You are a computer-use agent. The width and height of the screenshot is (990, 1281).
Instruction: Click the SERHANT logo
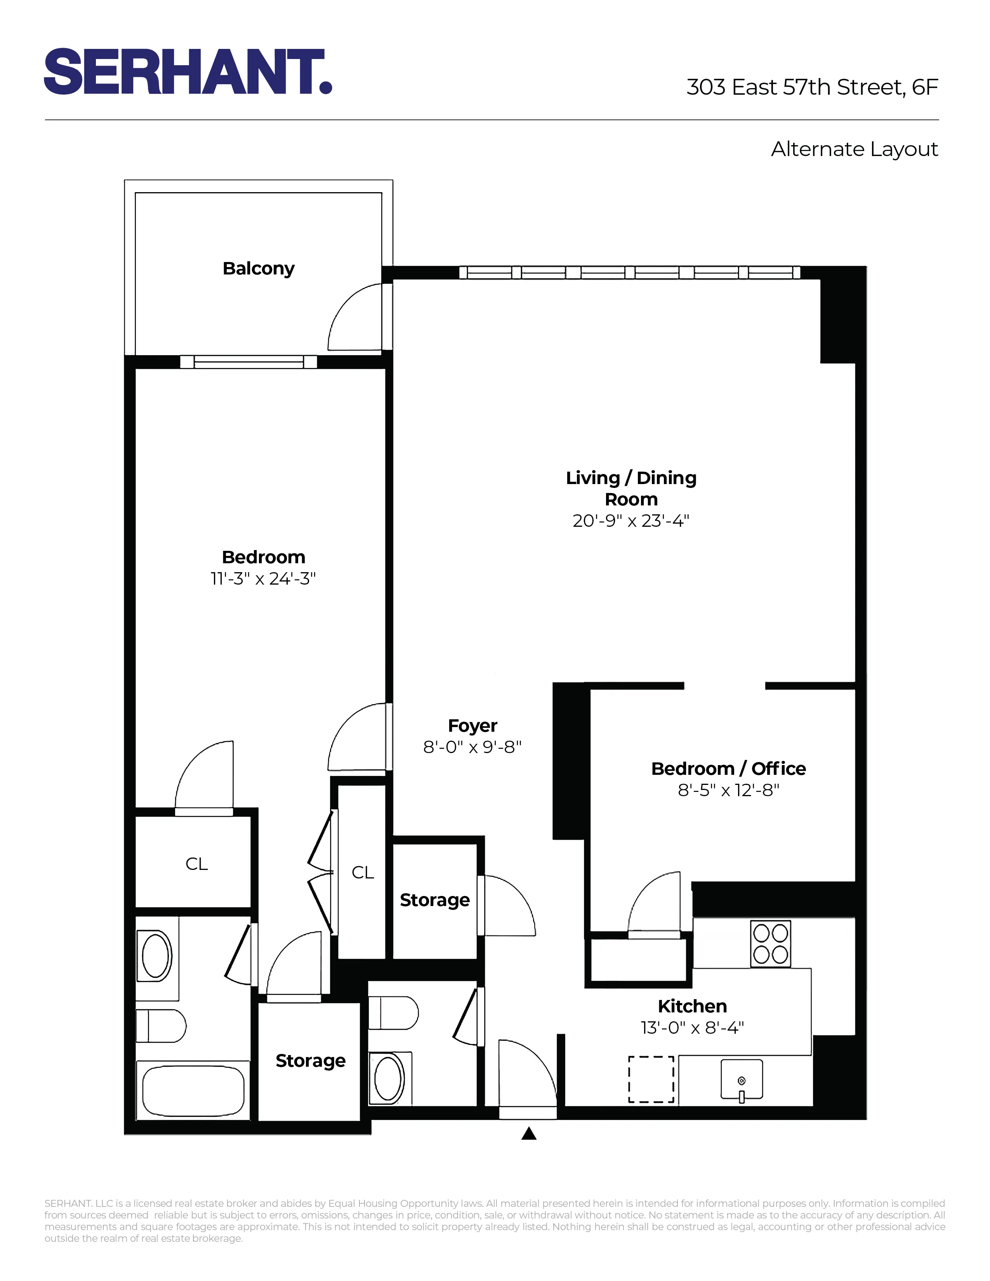click(188, 71)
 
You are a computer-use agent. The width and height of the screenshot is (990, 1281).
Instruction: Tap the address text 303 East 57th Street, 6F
click(812, 87)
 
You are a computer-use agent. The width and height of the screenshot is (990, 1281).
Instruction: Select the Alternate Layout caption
click(854, 149)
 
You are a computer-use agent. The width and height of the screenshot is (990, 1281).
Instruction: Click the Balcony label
click(258, 269)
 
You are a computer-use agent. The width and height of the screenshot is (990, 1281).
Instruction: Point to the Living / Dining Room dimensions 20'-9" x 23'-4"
click(630, 521)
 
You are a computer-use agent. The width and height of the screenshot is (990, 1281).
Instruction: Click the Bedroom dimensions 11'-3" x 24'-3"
click(263, 579)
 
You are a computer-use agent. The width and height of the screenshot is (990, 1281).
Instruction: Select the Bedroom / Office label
click(728, 768)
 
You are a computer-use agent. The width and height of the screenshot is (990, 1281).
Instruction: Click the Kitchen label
click(692, 1006)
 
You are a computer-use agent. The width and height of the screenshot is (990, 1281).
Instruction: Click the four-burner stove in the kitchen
click(770, 944)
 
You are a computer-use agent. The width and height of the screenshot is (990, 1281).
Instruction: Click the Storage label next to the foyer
click(434, 900)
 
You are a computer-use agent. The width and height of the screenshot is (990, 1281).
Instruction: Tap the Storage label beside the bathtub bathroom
click(310, 1061)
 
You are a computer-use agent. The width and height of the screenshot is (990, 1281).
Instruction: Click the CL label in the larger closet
click(196, 864)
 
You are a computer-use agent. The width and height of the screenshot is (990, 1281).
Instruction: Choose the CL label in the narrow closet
click(363, 873)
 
